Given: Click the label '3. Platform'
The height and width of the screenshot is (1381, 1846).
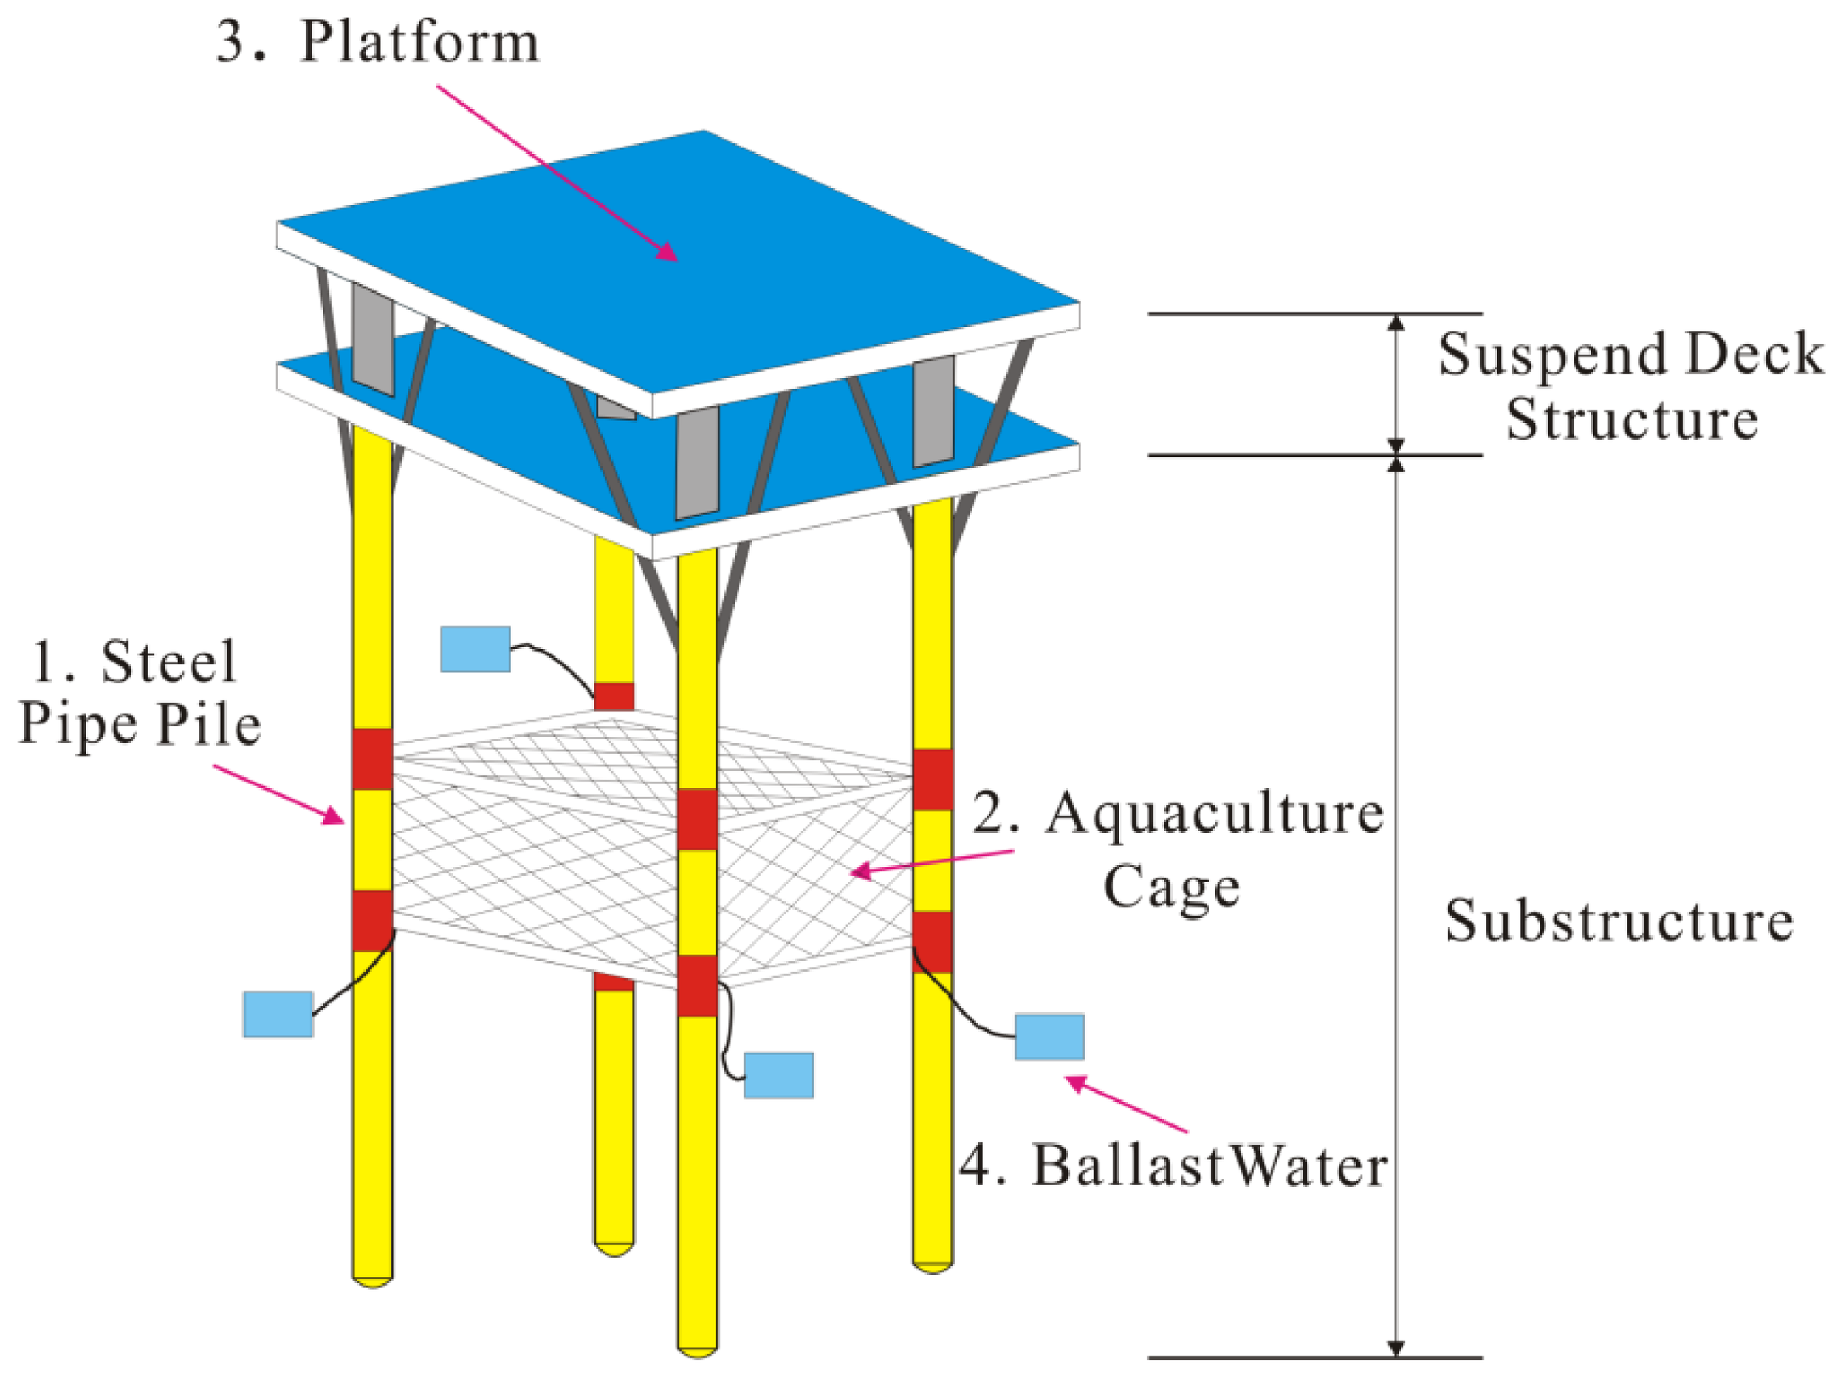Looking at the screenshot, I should click(x=377, y=41).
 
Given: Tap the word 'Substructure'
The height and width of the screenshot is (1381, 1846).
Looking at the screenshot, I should click(x=1619, y=922).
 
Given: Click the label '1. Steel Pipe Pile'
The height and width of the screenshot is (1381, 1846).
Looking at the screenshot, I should click(x=140, y=693).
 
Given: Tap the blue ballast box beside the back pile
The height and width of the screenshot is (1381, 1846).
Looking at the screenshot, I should click(x=475, y=649).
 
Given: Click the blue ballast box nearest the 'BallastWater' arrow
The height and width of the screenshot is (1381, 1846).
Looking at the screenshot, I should click(x=1049, y=1036).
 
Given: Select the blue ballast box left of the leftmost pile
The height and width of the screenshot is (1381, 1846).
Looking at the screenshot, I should click(x=278, y=1014).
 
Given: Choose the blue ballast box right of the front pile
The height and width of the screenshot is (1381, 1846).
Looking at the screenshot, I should click(x=778, y=1075).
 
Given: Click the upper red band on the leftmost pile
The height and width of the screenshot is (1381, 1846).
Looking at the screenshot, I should click(x=372, y=758).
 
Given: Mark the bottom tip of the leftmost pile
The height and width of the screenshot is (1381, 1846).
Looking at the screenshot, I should click(x=372, y=1279).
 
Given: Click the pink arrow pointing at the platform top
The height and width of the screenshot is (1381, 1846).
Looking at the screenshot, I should click(x=557, y=173).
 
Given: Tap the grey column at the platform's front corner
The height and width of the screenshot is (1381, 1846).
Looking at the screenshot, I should click(x=697, y=463).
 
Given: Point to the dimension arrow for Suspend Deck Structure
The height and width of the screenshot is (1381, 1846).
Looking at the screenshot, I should click(x=1396, y=384).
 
